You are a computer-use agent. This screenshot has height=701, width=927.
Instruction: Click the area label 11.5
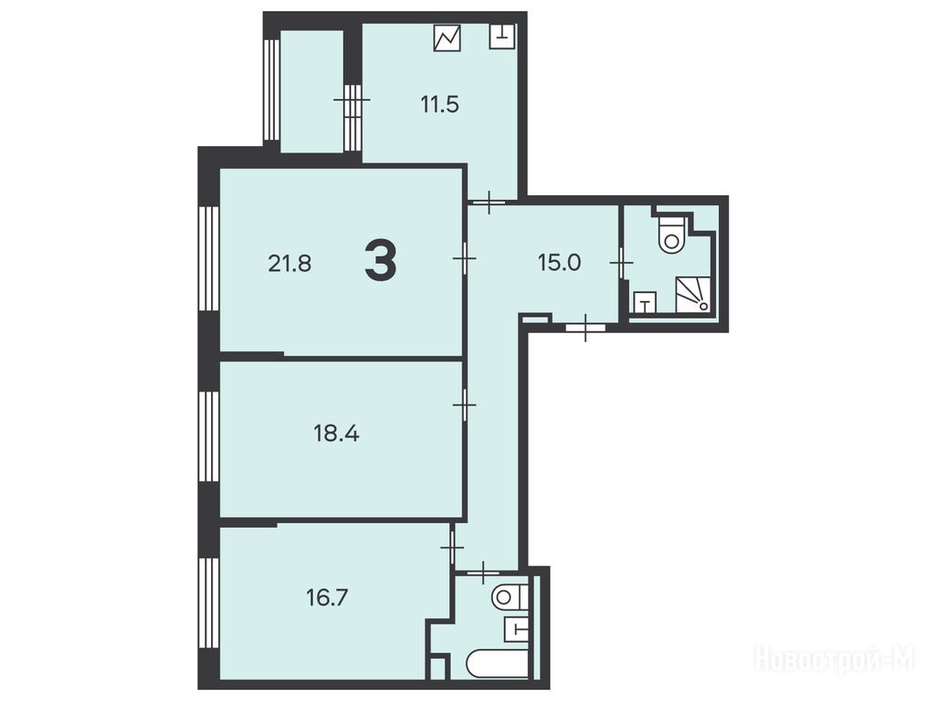click(x=440, y=105)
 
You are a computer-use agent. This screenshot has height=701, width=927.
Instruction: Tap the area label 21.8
click(x=290, y=263)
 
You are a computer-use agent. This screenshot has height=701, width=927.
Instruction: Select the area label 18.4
click(x=336, y=434)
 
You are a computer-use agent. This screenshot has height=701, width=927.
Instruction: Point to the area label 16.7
click(x=327, y=598)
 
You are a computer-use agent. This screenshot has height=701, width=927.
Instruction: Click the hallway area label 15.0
click(x=559, y=262)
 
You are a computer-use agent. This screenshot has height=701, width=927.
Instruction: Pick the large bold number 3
click(x=380, y=262)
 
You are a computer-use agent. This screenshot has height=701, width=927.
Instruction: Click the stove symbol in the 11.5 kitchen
click(x=447, y=37)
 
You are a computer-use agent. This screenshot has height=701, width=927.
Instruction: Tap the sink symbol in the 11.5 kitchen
click(x=502, y=37)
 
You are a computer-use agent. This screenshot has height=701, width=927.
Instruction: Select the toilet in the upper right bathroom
click(x=671, y=234)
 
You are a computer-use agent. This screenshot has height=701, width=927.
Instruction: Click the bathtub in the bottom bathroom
click(x=497, y=664)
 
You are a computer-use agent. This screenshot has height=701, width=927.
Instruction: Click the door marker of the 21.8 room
click(x=465, y=258)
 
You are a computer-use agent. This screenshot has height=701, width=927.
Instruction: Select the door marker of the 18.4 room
click(x=465, y=404)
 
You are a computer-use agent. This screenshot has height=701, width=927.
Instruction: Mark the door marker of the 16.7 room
click(x=452, y=548)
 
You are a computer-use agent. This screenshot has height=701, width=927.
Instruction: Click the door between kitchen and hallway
click(x=489, y=202)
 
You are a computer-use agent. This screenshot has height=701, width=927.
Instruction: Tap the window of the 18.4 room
click(x=209, y=438)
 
